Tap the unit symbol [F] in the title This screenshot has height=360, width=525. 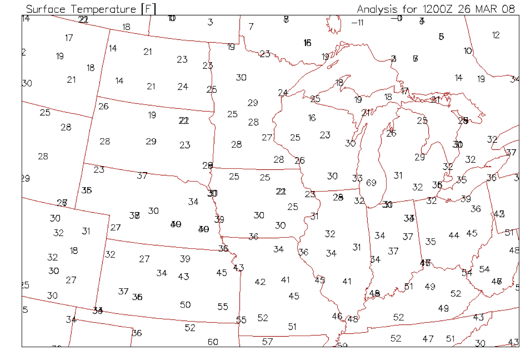pos(148,9)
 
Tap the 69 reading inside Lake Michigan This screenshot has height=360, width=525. pos(371,183)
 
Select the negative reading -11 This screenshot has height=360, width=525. pos(357,22)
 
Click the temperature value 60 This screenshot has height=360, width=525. pos(213,342)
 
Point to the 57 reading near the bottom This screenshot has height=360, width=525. pos(267,342)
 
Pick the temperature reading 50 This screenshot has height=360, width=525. pos(185,305)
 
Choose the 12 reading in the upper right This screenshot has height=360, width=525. pos(496,35)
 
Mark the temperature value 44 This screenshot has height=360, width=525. pos(454,236)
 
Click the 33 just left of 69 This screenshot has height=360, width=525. pos(357,178)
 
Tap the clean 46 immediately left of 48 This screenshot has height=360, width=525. pos(337,316)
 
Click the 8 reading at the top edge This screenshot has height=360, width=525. pos(286,19)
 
